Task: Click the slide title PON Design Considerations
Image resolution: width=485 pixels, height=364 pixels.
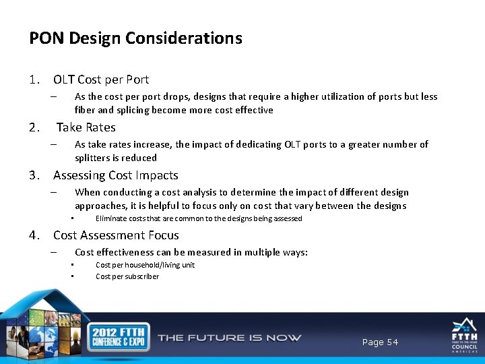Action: pyautogui.click(x=135, y=38)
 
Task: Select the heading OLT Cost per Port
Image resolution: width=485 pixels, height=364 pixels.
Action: pyautogui.click(x=101, y=80)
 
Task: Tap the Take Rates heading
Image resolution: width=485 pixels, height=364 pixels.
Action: pyautogui.click(x=86, y=127)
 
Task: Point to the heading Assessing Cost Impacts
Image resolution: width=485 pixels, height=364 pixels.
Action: pyautogui.click(x=115, y=175)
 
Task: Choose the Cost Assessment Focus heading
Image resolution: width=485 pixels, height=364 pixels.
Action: pyautogui.click(x=116, y=235)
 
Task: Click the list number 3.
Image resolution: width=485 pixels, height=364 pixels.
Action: pyautogui.click(x=34, y=175)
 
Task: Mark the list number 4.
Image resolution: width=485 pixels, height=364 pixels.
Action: pyautogui.click(x=34, y=235)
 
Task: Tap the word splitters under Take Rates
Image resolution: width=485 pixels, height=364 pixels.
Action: pyautogui.click(x=94, y=158)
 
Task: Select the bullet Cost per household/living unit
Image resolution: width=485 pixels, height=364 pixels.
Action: pyautogui.click(x=145, y=265)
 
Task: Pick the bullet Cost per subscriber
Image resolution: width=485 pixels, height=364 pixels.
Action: pyautogui.click(x=127, y=276)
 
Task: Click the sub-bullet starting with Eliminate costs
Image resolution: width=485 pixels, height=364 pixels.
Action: pyautogui.click(x=199, y=218)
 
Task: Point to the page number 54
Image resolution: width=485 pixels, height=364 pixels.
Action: pyautogui.click(x=380, y=342)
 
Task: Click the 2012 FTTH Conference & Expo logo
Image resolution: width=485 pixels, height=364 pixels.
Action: pyautogui.click(x=120, y=338)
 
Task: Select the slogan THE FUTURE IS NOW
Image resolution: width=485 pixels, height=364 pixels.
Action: pyautogui.click(x=229, y=338)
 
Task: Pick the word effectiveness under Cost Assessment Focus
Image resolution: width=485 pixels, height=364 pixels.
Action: pyautogui.click(x=129, y=252)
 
